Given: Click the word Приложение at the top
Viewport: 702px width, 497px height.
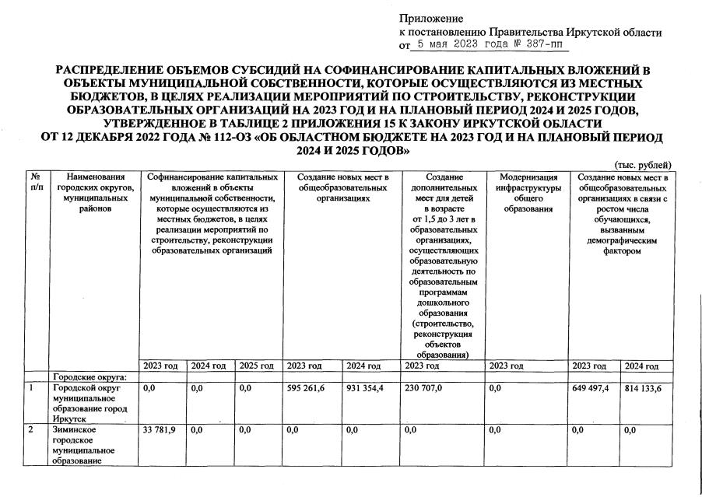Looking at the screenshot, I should point(430,18).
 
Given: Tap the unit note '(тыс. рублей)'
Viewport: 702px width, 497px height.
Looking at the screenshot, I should point(643,165).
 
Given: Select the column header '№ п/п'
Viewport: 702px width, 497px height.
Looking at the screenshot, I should point(36,183).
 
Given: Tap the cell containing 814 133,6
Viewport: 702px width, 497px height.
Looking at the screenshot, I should point(643,388).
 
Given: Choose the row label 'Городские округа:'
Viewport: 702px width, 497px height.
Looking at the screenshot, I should point(84,376).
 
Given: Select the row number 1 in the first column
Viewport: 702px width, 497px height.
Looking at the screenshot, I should point(32,387).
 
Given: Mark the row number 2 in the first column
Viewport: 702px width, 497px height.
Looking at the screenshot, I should point(32,429).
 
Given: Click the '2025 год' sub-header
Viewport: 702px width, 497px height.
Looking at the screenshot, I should point(256,366).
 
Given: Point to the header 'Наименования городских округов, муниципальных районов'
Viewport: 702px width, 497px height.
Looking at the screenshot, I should point(95,193).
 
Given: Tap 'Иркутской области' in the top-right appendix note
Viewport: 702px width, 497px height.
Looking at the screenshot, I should point(622,32).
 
